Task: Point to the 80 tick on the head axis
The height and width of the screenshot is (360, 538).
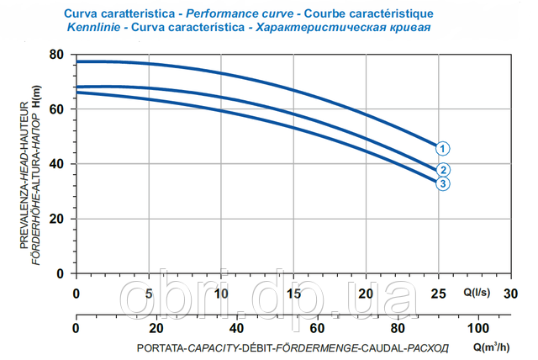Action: (x=59, y=55)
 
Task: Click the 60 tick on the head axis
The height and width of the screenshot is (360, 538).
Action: (x=59, y=109)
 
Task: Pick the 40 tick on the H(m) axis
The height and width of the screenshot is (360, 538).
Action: (x=59, y=164)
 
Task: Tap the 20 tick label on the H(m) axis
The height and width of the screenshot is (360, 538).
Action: (x=59, y=219)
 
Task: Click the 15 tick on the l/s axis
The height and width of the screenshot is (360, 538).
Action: (x=293, y=294)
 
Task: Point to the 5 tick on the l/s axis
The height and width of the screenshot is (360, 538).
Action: (x=149, y=294)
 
